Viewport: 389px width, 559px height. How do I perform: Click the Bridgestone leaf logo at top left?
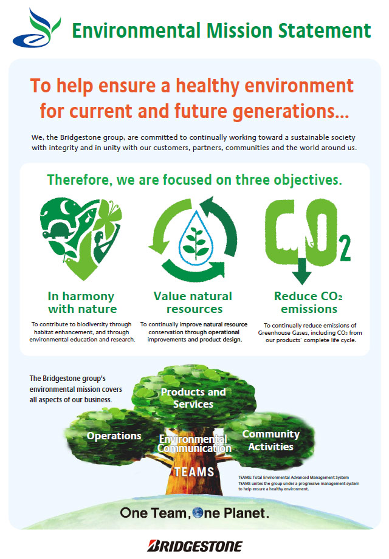pos(36,29)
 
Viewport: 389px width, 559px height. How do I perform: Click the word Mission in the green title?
pos(239,30)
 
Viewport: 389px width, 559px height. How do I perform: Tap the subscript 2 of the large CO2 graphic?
pos(345,247)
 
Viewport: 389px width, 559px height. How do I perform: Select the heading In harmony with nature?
pos(81,303)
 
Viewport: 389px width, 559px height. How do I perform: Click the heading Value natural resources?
pos(193,303)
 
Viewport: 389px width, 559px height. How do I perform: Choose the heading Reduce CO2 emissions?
pos(308,303)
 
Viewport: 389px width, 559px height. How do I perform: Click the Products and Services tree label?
pos(193,398)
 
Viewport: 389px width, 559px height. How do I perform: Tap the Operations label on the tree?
pos(114,436)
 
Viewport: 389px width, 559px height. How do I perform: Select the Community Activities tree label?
pos(271,441)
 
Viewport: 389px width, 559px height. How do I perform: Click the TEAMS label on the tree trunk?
pos(194,472)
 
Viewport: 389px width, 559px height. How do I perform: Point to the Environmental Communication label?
pos(194,444)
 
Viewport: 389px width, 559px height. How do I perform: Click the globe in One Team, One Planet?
pos(198,513)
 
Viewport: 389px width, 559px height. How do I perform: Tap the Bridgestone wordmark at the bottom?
pos(194,546)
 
